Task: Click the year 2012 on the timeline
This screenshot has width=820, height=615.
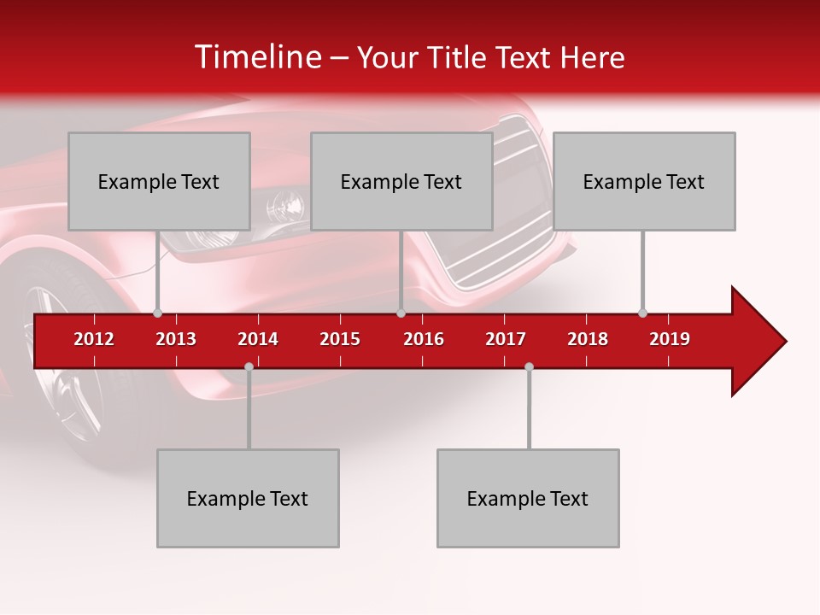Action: pos(94,339)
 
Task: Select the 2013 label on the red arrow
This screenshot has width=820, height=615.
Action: pos(176,339)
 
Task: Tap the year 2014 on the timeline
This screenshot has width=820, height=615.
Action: pos(258,339)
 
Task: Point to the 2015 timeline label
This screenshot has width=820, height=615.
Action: pos(340,339)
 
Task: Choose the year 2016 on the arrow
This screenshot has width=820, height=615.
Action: pos(424,339)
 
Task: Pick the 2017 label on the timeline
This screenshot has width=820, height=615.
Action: pos(506,339)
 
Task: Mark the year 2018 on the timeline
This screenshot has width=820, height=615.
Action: pos(588,339)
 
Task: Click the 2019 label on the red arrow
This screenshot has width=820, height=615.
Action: pos(670,339)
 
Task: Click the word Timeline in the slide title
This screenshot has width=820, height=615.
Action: pos(257,57)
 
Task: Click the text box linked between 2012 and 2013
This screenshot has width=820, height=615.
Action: pos(159,181)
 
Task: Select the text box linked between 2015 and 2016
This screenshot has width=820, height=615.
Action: pos(401,181)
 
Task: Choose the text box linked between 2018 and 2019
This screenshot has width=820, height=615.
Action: pos(644,181)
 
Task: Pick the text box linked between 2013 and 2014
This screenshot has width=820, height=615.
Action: pos(248,498)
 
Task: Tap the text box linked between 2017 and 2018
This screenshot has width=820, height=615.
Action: pos(528,498)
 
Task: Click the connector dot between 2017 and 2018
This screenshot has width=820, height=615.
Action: pos(529,366)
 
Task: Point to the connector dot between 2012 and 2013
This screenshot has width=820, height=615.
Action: pos(157,313)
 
